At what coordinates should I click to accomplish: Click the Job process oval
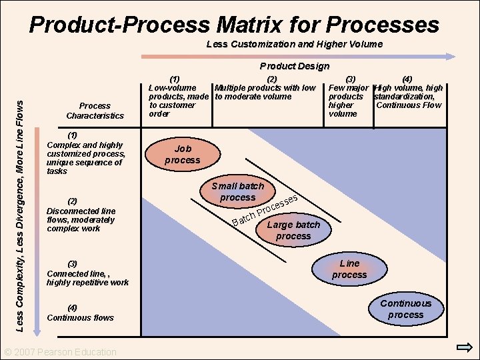click(x=182, y=155)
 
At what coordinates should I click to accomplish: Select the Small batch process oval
click(x=238, y=192)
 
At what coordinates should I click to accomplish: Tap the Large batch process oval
click(x=293, y=231)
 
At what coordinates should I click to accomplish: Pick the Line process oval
click(x=349, y=269)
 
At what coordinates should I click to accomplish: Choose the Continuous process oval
click(x=406, y=309)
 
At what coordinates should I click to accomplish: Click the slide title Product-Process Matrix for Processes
click(x=234, y=25)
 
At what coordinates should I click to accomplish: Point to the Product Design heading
click(x=294, y=66)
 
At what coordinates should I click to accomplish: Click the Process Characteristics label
click(x=95, y=111)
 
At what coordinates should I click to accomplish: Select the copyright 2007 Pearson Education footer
click(x=60, y=352)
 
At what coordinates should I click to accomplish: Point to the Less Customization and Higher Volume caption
click(x=294, y=44)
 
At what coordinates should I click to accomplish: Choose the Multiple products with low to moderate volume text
click(x=264, y=92)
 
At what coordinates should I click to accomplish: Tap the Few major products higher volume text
click(x=348, y=101)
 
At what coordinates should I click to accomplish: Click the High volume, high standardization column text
click(x=408, y=96)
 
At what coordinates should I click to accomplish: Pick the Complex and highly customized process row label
click(x=84, y=153)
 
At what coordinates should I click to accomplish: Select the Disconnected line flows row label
click(x=81, y=215)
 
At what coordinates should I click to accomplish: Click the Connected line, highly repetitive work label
click(x=87, y=273)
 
